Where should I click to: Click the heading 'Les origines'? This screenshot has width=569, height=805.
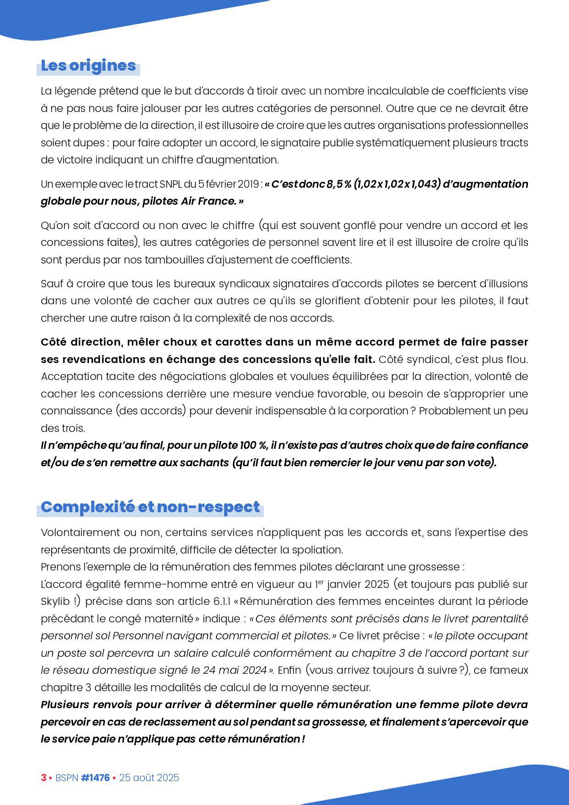[x=88, y=66]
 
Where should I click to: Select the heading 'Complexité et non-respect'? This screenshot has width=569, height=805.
[x=150, y=507]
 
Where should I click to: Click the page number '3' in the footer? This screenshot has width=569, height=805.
[x=44, y=778]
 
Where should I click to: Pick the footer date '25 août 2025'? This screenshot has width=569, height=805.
[x=149, y=778]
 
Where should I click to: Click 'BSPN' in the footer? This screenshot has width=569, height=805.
[x=66, y=778]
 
